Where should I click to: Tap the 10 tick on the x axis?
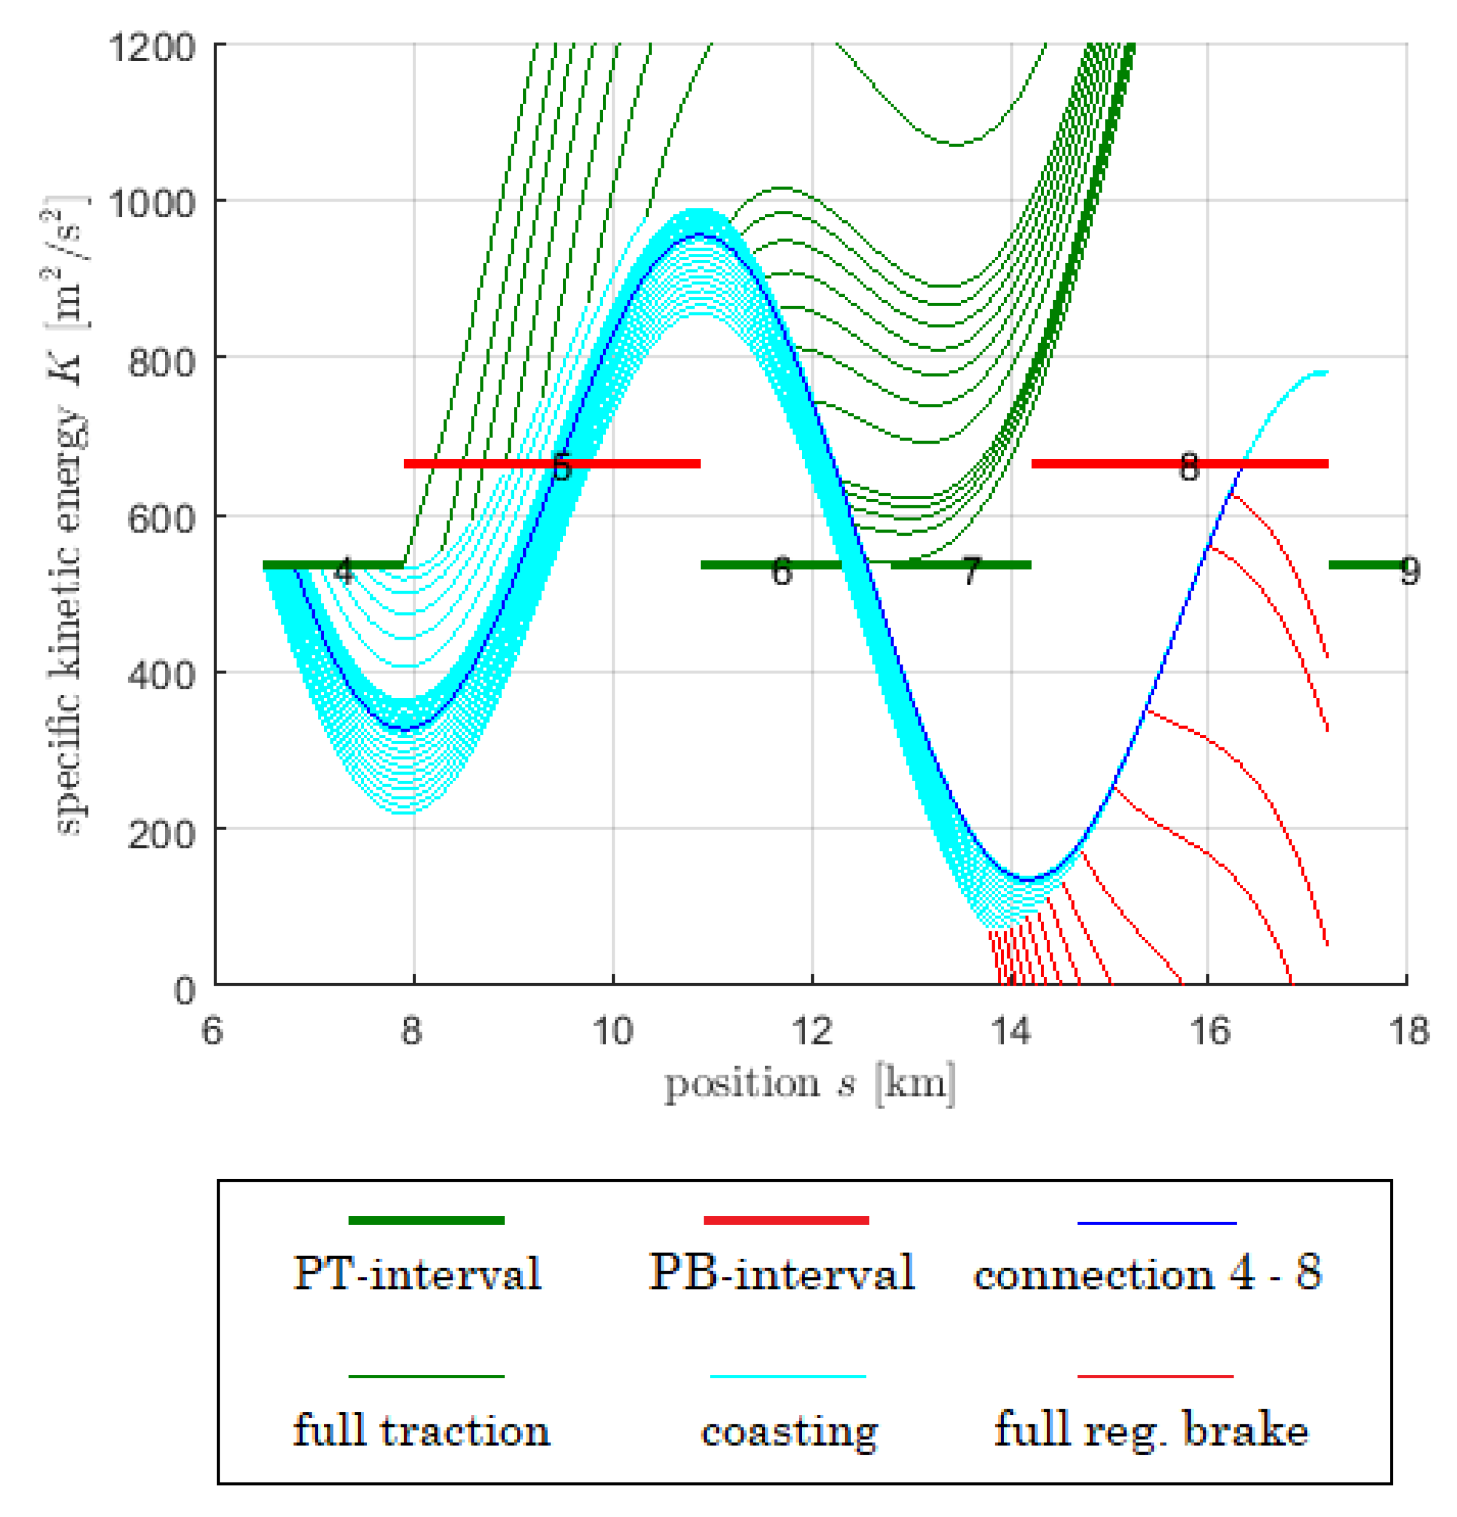pyautogui.click(x=613, y=1032)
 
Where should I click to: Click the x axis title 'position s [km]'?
pyautogui.click(x=809, y=1083)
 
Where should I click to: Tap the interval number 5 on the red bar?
pyautogui.click(x=562, y=467)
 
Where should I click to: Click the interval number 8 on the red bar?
pyautogui.click(x=1188, y=467)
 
